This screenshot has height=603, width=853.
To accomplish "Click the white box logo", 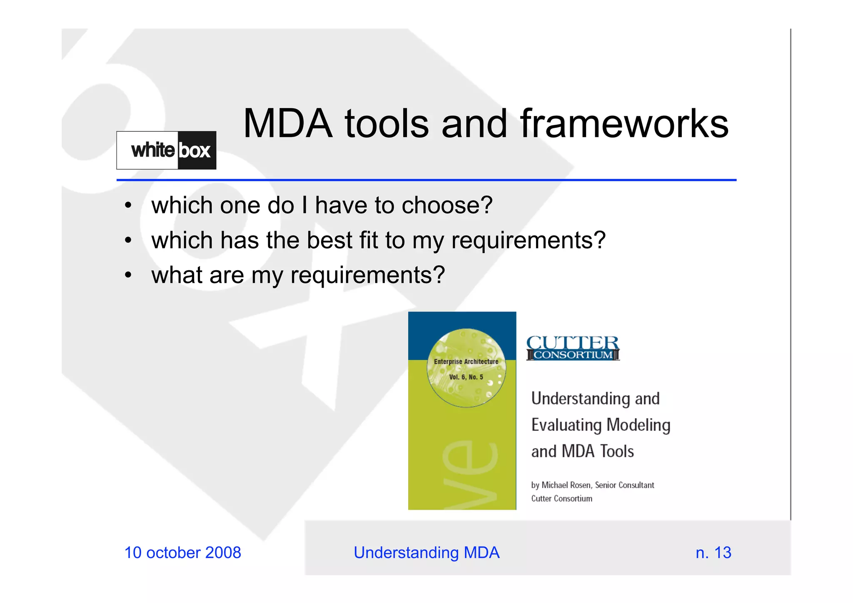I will (166, 150).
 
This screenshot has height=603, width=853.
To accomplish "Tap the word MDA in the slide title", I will (288, 124).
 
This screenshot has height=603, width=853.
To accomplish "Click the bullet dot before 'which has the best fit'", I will (128, 240).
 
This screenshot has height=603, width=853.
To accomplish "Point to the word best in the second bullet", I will (329, 240).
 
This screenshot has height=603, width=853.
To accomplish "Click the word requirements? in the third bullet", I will (368, 275).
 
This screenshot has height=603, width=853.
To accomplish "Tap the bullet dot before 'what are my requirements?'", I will (128, 275).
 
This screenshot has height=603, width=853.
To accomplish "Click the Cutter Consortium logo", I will (573, 348).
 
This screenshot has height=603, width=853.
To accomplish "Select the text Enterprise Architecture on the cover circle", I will (466, 361).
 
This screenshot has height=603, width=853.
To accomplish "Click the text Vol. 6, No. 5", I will (466, 377).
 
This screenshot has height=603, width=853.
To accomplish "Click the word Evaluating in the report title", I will (566, 425).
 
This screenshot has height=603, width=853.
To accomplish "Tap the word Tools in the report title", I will (617, 451).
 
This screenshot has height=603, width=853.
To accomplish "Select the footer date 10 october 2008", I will (183, 553).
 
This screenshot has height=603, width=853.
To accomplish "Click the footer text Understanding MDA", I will (426, 553).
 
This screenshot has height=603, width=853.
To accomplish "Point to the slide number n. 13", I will (713, 553).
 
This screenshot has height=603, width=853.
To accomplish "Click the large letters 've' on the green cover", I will (470, 475).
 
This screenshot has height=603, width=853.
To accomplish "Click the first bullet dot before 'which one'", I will (128, 205).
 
